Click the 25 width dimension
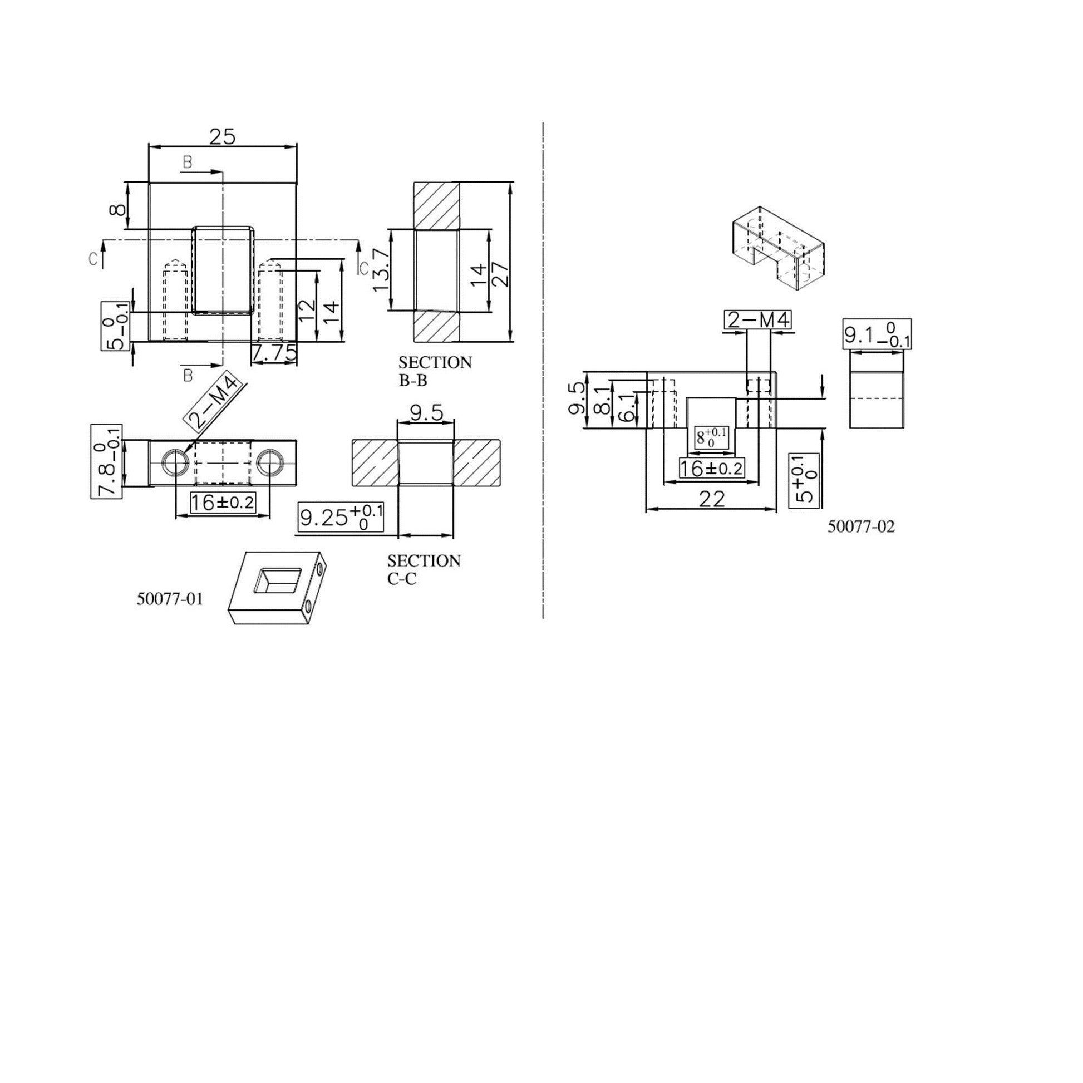click(223, 136)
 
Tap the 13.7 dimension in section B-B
click(380, 270)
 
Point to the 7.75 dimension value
click(274, 353)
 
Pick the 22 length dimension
click(711, 498)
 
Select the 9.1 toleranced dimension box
click(877, 334)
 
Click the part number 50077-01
click(169, 599)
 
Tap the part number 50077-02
click(861, 526)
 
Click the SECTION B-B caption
click(435, 371)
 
